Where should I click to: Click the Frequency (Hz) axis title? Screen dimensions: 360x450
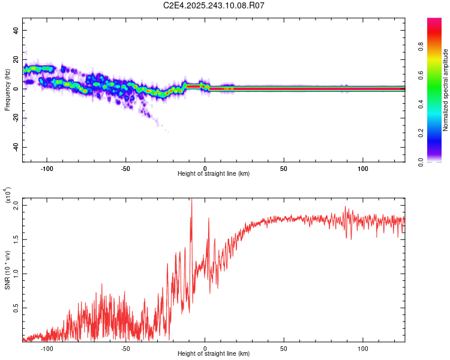[x=7, y=89]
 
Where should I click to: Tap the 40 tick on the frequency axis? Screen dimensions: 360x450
[x=16, y=30]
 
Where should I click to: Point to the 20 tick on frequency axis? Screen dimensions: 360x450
[x=16, y=59]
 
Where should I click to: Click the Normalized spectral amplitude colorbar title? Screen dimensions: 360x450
[x=446, y=90]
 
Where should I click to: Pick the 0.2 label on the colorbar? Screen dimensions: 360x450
[x=438, y=133]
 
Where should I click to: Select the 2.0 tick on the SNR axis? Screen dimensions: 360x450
[x=16, y=205]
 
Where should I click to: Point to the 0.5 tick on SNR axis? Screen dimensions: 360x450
[x=16, y=308]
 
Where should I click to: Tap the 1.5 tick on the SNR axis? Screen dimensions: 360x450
[x=16, y=239]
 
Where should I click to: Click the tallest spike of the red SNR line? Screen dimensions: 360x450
[x=191, y=201]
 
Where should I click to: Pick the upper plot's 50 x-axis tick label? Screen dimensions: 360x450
[x=283, y=169]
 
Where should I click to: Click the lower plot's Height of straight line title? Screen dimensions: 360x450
[x=214, y=355]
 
